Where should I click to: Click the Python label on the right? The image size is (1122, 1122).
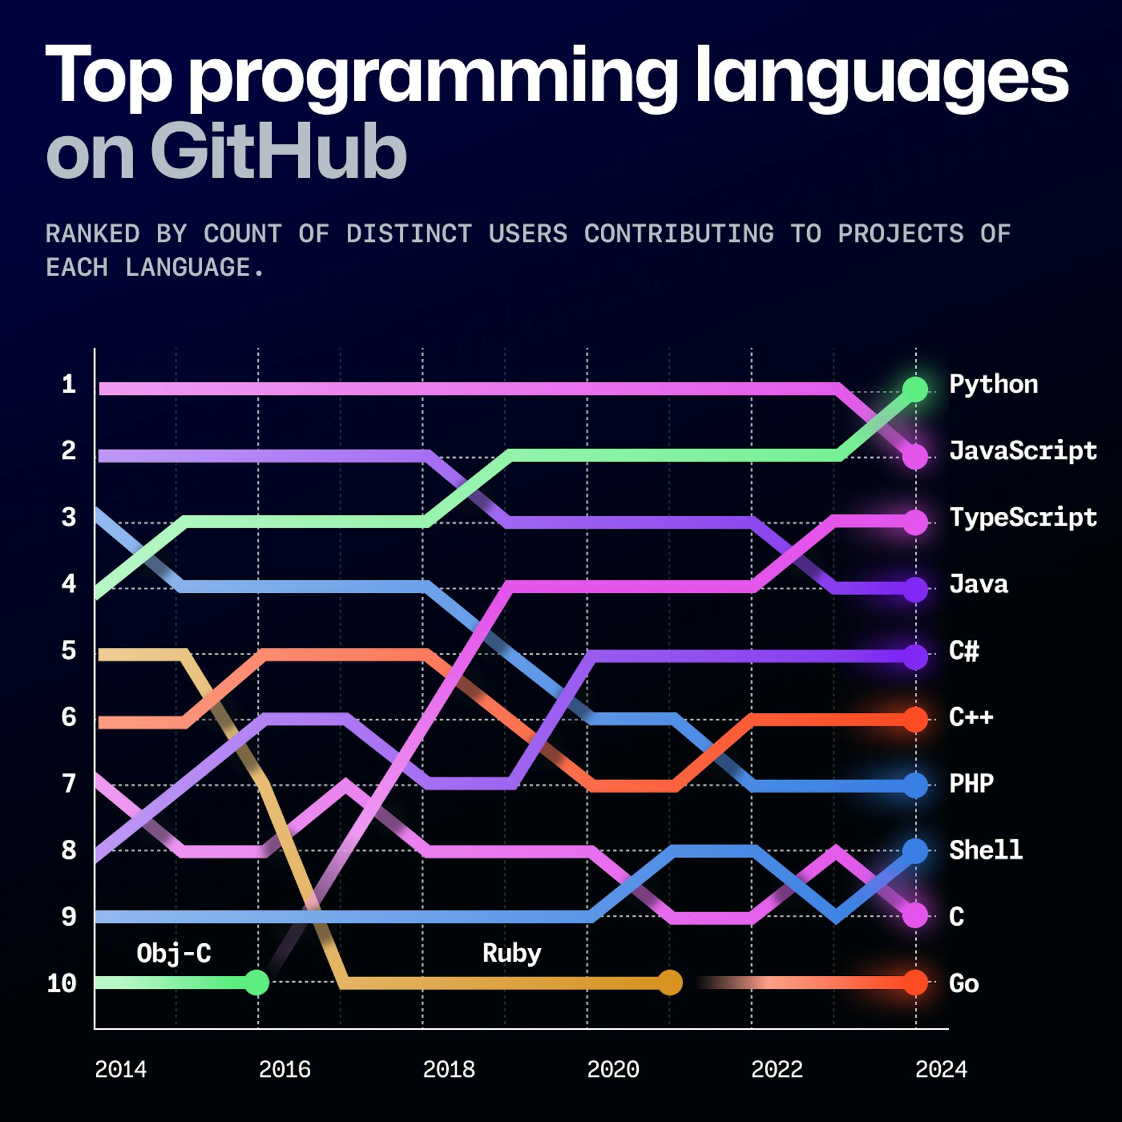tap(993, 385)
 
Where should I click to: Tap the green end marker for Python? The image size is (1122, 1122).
tap(915, 389)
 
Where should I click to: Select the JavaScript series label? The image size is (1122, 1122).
tap(1023, 452)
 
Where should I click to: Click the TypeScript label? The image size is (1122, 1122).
tap(1023, 518)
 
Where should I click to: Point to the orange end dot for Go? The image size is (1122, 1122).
tap(915, 982)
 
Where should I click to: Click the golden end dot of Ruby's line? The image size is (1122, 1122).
tap(670, 982)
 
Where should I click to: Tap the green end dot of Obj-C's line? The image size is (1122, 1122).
tap(257, 982)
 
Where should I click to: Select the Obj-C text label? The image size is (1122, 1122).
tap(174, 953)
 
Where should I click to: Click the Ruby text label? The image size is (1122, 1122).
tap(512, 953)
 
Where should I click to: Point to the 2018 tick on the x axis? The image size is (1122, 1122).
tap(449, 1069)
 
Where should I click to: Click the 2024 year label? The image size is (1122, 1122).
tap(941, 1069)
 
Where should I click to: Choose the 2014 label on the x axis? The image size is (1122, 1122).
tap(120, 1069)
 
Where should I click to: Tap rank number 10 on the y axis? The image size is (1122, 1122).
tap(62, 984)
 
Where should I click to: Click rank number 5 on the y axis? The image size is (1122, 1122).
tap(68, 650)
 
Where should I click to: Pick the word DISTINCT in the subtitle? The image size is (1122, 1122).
tap(408, 234)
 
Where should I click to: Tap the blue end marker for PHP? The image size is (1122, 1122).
tap(915, 785)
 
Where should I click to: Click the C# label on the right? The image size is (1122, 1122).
tap(964, 650)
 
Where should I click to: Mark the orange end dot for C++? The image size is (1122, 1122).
tap(915, 719)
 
